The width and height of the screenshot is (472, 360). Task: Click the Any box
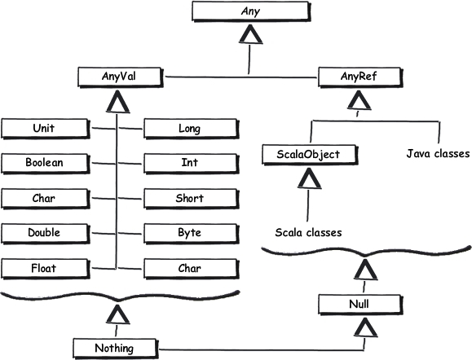point(250,11)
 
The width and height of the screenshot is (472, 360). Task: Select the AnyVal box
point(120,77)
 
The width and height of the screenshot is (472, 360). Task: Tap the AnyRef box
point(360,77)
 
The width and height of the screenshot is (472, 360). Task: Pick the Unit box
point(45,129)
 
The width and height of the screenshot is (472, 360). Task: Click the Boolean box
point(45,164)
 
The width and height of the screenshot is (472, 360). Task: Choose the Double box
point(45,234)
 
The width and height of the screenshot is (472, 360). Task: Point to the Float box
point(45,269)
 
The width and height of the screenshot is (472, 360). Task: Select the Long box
point(191,129)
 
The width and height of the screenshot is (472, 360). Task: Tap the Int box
point(191,164)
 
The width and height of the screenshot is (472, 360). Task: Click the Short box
point(191,199)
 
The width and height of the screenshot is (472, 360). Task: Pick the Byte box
point(191,234)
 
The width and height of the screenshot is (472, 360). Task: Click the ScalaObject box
point(310,155)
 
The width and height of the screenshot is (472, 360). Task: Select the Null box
point(360,305)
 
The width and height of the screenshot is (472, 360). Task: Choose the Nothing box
point(115,349)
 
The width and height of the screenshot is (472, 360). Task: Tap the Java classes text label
point(438,154)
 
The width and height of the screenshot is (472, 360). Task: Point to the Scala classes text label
point(308,232)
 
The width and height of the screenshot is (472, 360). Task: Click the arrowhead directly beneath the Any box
point(250,34)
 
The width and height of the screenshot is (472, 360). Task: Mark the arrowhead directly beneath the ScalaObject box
point(309,178)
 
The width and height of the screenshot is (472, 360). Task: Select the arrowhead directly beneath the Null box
point(365,328)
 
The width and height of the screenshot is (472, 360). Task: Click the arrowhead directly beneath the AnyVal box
point(118,102)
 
